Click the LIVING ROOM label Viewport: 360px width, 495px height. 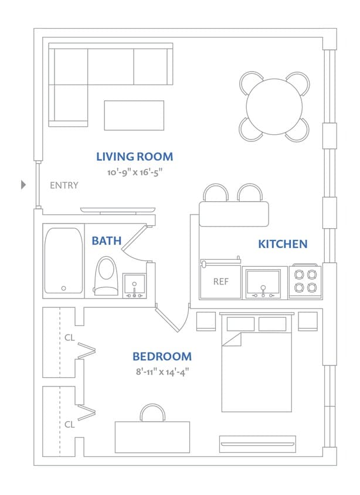[134, 157]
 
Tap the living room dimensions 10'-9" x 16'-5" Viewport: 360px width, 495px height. [134, 173]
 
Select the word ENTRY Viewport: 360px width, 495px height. [64, 185]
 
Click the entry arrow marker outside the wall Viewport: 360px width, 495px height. [23, 185]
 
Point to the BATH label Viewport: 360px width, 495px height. [106, 240]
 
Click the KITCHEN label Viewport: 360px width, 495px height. [283, 244]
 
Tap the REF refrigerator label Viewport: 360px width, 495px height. [220, 282]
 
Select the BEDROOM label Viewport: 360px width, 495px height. [162, 356]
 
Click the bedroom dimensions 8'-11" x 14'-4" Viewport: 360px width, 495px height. [162, 371]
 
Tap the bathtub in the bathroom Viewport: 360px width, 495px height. [63, 260]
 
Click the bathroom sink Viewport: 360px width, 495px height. [135, 285]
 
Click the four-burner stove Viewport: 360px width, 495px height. [305, 281]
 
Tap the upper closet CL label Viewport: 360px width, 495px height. [69, 338]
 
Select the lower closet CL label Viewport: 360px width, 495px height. [69, 425]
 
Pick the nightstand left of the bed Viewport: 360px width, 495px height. [205, 321]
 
